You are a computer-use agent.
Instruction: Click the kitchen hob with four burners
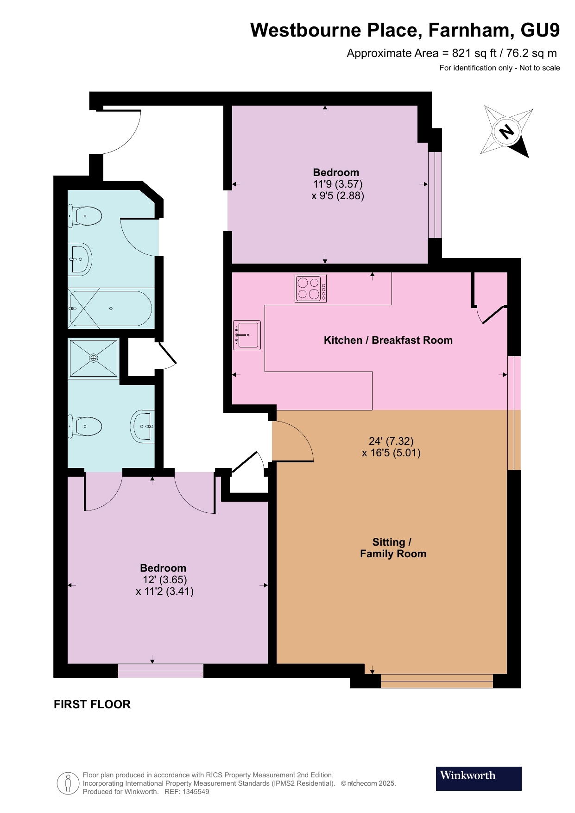coord(310,289)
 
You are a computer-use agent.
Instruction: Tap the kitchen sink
coord(247,335)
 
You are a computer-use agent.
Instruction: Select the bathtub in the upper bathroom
coord(110,308)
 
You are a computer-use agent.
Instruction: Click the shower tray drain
coord(94,358)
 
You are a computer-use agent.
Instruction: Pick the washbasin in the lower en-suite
coord(143,426)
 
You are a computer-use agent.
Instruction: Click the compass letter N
coord(507,132)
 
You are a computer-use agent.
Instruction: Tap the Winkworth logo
coord(479,778)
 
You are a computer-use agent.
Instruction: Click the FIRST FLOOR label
coord(92,704)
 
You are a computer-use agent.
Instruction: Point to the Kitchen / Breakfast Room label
coord(388,340)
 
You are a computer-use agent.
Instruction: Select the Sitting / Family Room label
coord(393,548)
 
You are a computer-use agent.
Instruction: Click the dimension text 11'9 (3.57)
coord(338,184)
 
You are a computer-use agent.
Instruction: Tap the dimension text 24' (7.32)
coord(391,441)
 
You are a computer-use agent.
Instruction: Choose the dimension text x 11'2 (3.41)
coord(164,591)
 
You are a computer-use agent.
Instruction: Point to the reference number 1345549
coord(196,792)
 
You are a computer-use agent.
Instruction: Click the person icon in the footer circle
coord(68,783)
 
